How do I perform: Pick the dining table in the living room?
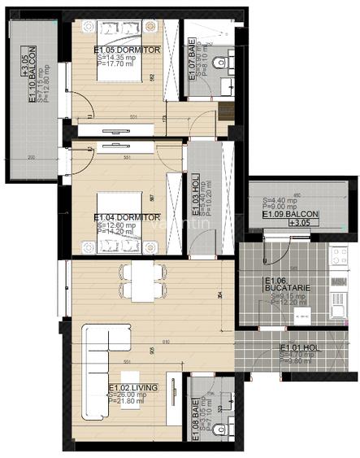(x=143, y=280)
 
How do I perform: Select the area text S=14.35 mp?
(x=116, y=59)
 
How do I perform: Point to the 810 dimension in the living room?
(x=166, y=342)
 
